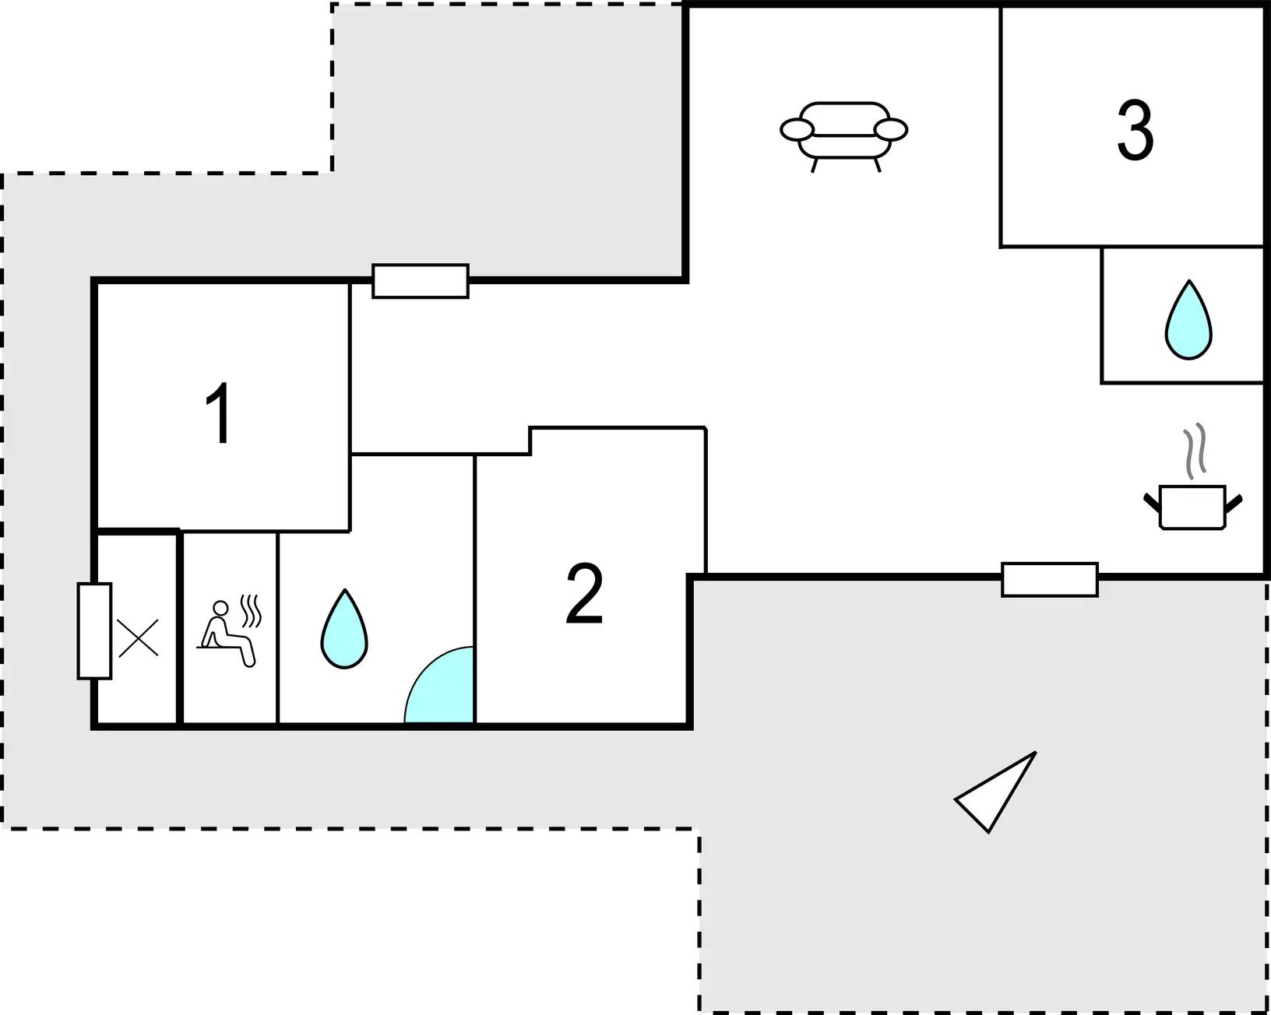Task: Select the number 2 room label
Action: [584, 593]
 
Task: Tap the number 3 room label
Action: [1135, 129]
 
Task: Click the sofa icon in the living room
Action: [843, 136]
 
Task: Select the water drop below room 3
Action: [1188, 320]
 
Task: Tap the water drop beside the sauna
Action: [343, 629]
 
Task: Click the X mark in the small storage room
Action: [138, 637]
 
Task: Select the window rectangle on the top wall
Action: [421, 281]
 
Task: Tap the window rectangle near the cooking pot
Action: [1050, 580]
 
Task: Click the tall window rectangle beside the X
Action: [94, 631]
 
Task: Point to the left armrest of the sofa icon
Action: [797, 130]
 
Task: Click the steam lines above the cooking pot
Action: [1194, 451]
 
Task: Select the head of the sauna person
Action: [220, 608]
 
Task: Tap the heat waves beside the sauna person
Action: [251, 611]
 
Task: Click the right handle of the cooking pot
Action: [1234, 504]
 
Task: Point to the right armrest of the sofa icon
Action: [891, 130]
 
